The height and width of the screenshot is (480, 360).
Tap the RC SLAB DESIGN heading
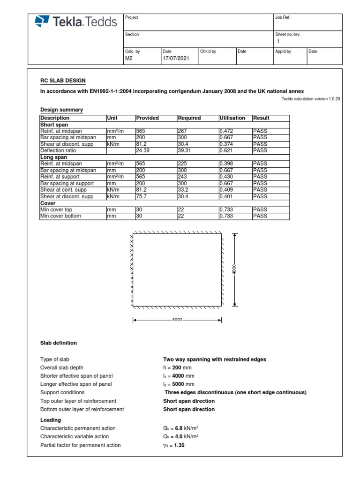coord(63,81)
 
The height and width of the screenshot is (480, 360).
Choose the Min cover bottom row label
coord(60,216)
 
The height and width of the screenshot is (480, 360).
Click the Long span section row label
coord(54,157)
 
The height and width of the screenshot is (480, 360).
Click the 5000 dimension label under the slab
coord(177,321)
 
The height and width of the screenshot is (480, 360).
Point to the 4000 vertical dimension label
coord(234,269)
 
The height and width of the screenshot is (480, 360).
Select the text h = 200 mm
coord(176,368)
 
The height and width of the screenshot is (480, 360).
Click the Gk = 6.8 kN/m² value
coord(180,428)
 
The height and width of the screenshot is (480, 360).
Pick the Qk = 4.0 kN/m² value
coord(180,437)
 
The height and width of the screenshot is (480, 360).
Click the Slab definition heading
coord(59,343)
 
